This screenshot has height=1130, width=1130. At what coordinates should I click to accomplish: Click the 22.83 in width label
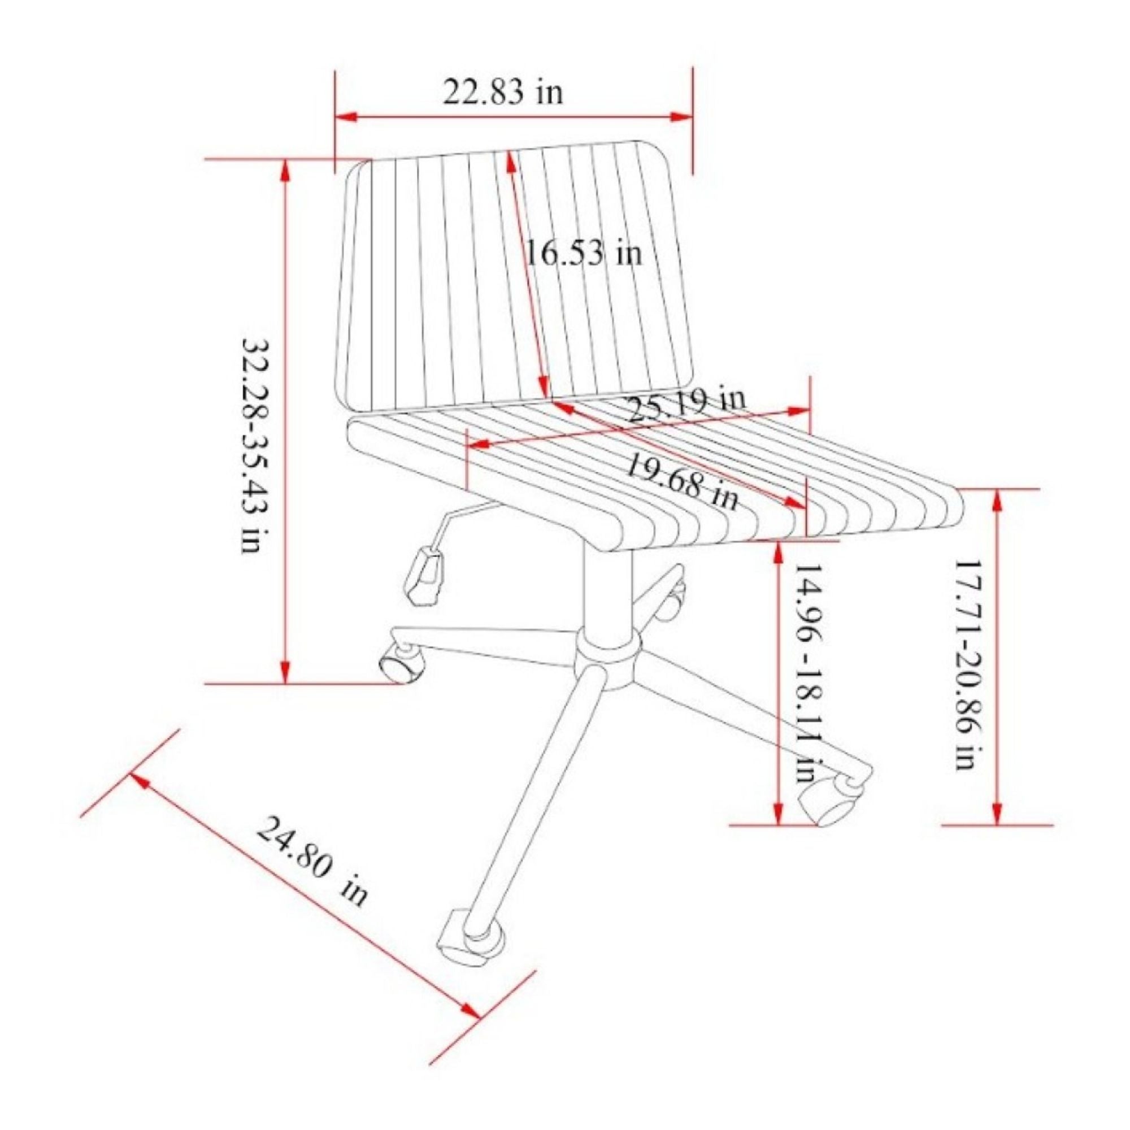click(x=502, y=93)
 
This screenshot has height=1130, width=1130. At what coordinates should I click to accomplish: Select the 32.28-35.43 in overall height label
click(x=255, y=444)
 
